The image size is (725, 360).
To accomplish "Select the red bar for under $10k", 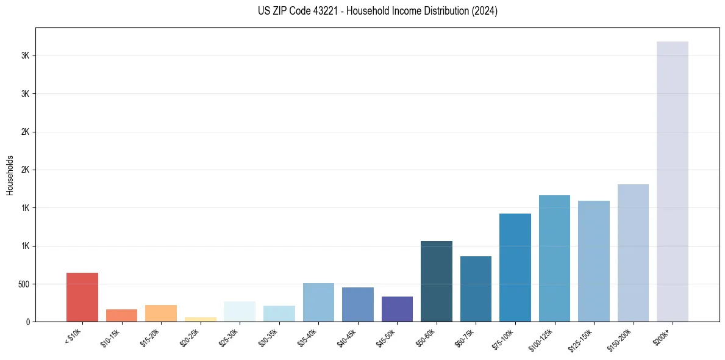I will click(82, 297).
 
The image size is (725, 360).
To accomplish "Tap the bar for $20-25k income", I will click(200, 319).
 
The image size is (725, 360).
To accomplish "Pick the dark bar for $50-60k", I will click(437, 281).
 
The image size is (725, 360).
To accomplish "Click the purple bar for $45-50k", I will click(397, 309).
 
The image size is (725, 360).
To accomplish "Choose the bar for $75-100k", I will click(515, 267).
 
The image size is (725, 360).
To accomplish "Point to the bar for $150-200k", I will click(633, 253).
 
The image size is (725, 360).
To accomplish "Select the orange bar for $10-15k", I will click(121, 315).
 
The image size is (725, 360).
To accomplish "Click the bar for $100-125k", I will click(554, 258).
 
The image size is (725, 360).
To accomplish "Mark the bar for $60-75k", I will click(476, 289).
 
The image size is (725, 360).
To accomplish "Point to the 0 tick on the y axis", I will click(28, 322).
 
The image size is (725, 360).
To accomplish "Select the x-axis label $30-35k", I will click(268, 339).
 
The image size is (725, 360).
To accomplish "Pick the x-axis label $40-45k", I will click(346, 339).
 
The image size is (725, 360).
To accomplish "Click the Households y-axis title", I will click(10, 175).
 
